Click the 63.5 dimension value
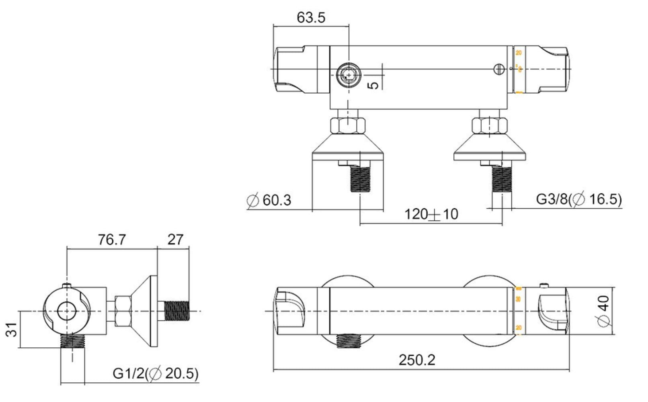(311, 18)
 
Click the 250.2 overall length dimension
(417, 360)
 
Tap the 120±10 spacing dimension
(431, 214)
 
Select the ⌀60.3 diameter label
(269, 200)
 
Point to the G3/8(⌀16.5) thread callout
(579, 199)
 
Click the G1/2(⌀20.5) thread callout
(156, 373)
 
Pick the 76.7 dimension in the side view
(112, 240)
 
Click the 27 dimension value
(175, 240)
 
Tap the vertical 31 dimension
(12, 330)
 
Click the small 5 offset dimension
(374, 85)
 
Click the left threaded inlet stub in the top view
(361, 179)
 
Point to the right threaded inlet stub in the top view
(502, 179)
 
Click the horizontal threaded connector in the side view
(176, 311)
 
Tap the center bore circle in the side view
(67, 311)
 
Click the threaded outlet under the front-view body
(349, 340)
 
